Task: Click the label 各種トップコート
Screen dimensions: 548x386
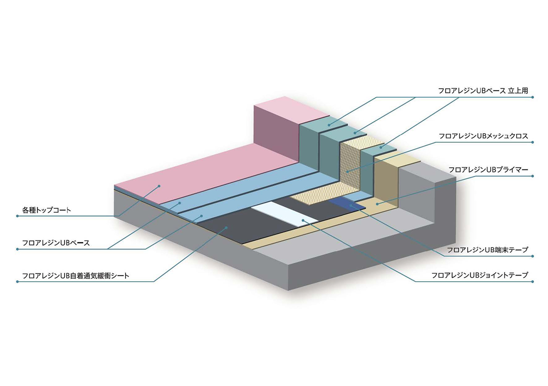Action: click(x=46, y=210)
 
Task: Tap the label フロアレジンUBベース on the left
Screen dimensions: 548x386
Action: click(x=56, y=243)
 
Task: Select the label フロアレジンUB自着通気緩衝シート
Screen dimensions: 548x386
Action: click(x=75, y=276)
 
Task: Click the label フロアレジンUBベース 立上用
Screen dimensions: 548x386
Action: click(x=483, y=91)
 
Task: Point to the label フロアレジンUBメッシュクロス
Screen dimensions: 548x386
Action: click(x=483, y=136)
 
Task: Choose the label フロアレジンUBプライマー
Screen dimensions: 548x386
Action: click(x=488, y=170)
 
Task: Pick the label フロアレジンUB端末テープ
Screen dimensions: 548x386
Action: click(x=488, y=250)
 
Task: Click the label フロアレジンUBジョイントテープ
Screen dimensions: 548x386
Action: click(x=480, y=276)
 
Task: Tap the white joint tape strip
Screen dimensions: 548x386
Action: click(x=285, y=214)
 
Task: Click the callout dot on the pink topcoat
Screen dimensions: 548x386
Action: click(x=159, y=186)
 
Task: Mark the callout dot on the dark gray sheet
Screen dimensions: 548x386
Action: click(x=227, y=227)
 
